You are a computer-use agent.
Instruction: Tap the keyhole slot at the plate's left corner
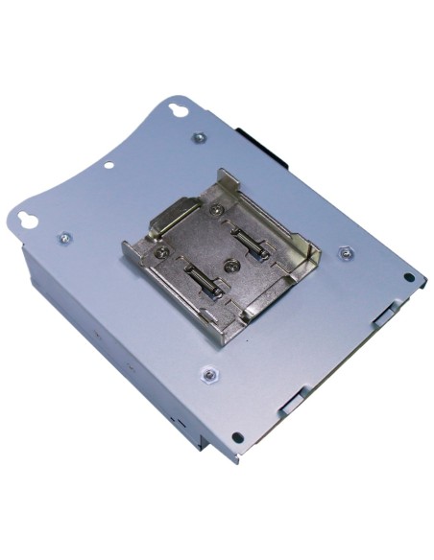(x=31, y=219)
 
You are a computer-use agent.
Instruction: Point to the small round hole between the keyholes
(x=109, y=164)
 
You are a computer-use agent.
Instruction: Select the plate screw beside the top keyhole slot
(x=199, y=137)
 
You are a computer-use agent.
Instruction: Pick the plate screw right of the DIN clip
(x=347, y=253)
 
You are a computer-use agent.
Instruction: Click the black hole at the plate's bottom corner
(x=237, y=437)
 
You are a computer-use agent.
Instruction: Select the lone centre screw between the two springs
(x=230, y=262)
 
